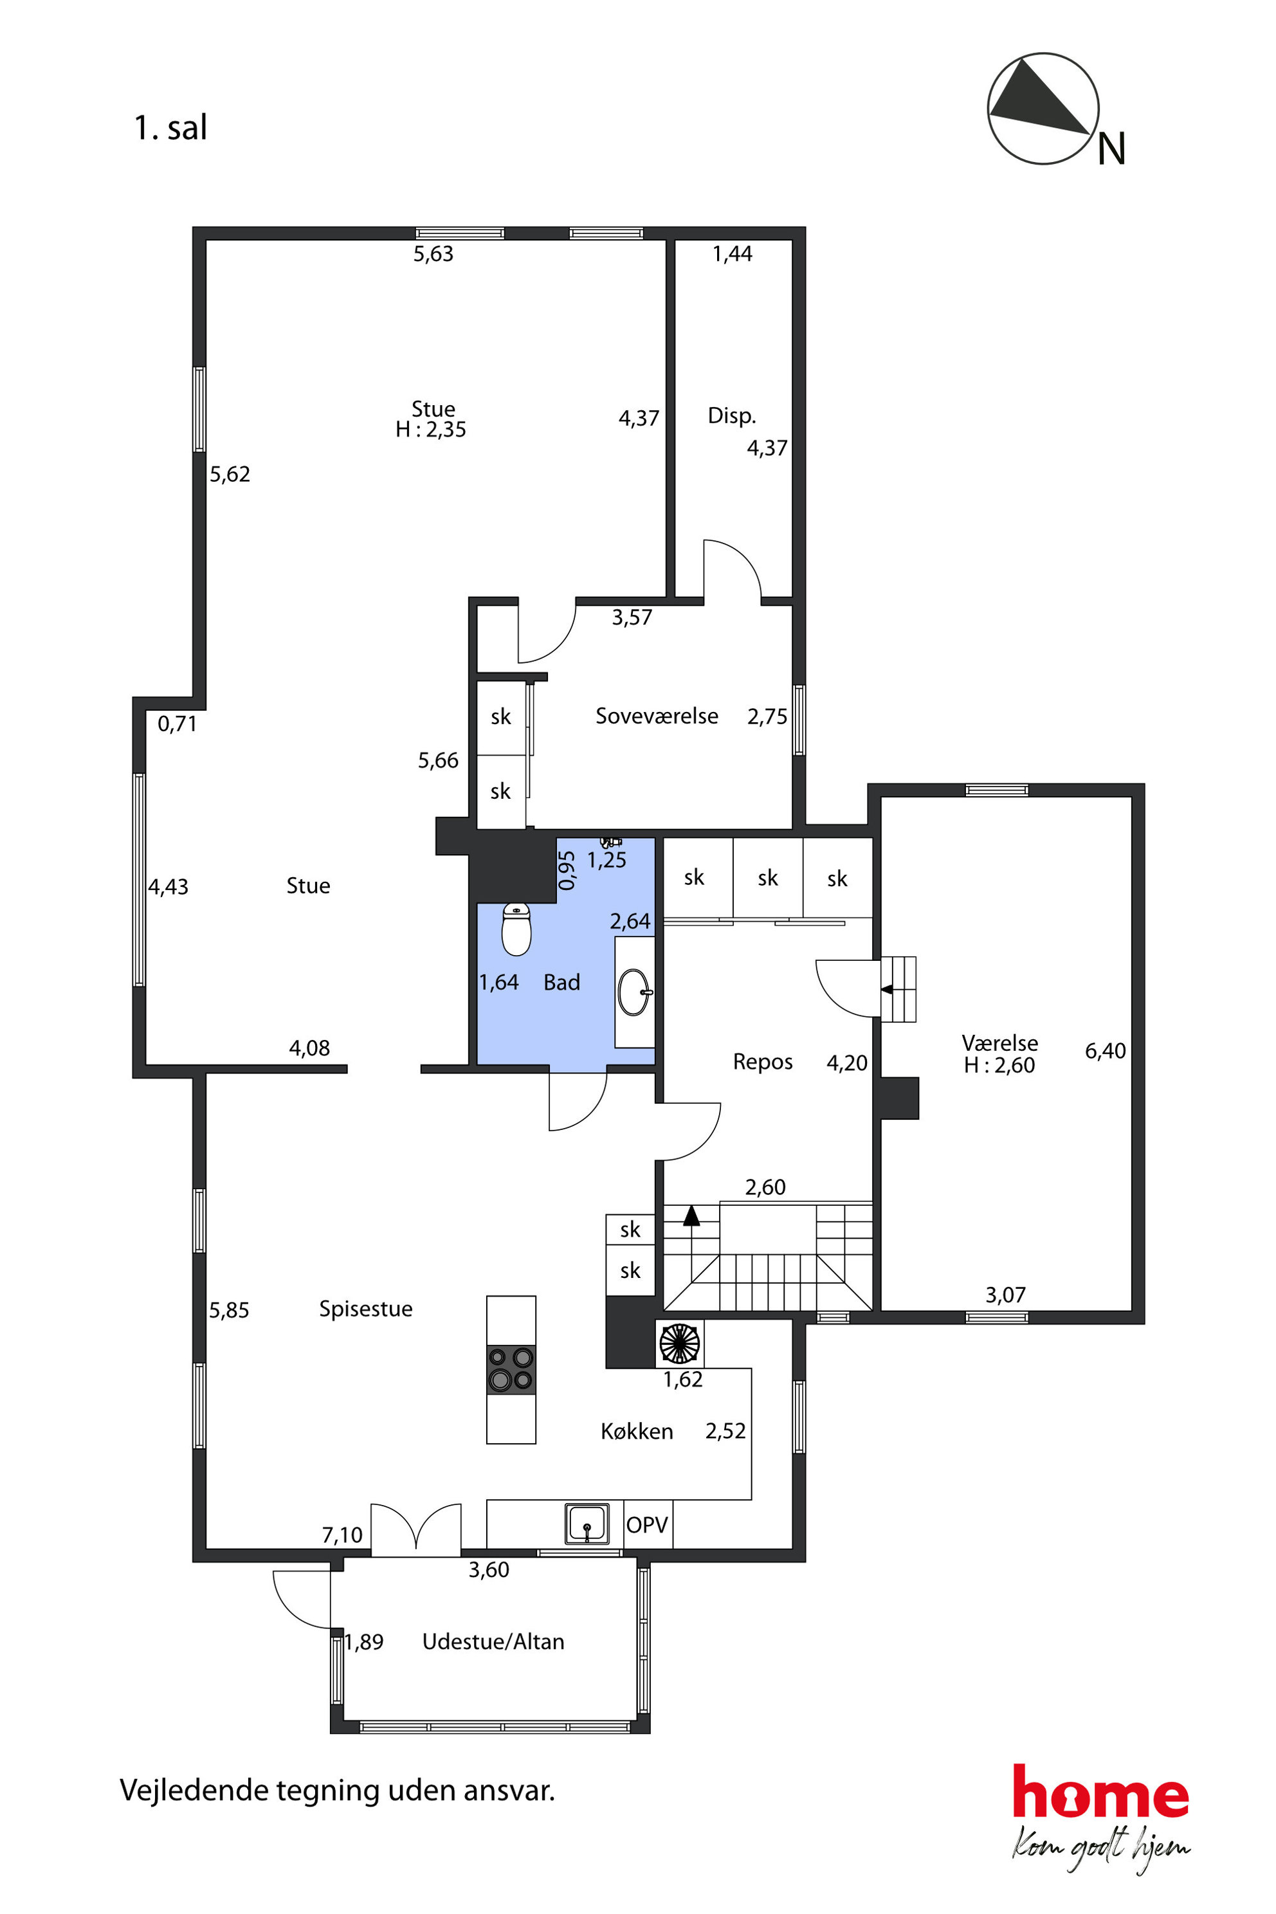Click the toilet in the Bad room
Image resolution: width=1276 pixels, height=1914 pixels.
click(x=516, y=929)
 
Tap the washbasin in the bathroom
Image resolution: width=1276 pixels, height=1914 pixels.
click(x=635, y=993)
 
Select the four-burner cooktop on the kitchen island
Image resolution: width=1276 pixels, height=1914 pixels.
click(x=511, y=1370)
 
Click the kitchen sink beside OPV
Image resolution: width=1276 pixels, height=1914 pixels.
click(x=587, y=1524)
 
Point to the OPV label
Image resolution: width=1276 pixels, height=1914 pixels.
click(x=647, y=1525)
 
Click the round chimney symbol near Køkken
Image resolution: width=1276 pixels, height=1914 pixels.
click(x=680, y=1344)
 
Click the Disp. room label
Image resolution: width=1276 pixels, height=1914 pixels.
click(x=732, y=416)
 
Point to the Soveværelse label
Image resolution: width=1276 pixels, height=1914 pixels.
click(x=657, y=716)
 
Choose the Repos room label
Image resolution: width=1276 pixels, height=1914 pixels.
click(x=763, y=1062)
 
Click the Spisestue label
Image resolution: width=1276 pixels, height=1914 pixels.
click(x=365, y=1309)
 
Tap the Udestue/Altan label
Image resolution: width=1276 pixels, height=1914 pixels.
click(x=493, y=1641)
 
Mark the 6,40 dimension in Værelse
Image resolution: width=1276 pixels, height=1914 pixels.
click(x=1105, y=1051)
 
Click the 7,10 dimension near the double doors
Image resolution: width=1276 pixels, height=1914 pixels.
click(x=342, y=1535)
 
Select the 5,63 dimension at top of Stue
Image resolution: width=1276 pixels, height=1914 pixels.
click(x=433, y=254)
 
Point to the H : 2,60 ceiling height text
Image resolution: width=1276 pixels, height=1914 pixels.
click(x=999, y=1065)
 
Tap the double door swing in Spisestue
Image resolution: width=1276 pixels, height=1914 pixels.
click(x=416, y=1526)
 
